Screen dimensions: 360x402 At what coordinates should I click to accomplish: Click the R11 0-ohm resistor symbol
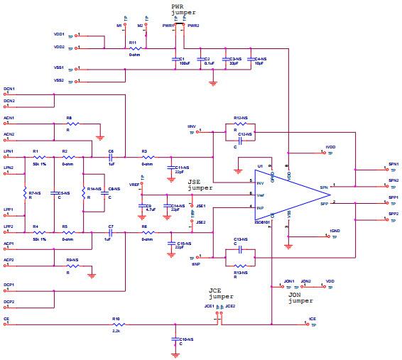133,48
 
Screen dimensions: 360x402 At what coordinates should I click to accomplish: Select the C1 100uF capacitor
175,59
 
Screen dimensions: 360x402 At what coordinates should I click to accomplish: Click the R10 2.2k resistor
116,325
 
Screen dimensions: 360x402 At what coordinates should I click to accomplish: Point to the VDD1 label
59,33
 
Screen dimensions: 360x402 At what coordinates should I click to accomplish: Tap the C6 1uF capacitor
111,157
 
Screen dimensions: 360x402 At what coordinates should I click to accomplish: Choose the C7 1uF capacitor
111,231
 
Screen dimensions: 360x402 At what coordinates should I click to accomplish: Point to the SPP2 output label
393,214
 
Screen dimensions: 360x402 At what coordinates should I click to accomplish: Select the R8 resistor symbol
69,124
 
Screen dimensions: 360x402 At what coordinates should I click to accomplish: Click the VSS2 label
59,80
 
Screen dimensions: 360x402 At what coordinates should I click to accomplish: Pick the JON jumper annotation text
300,298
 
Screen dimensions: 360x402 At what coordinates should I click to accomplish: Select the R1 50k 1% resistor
35,157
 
